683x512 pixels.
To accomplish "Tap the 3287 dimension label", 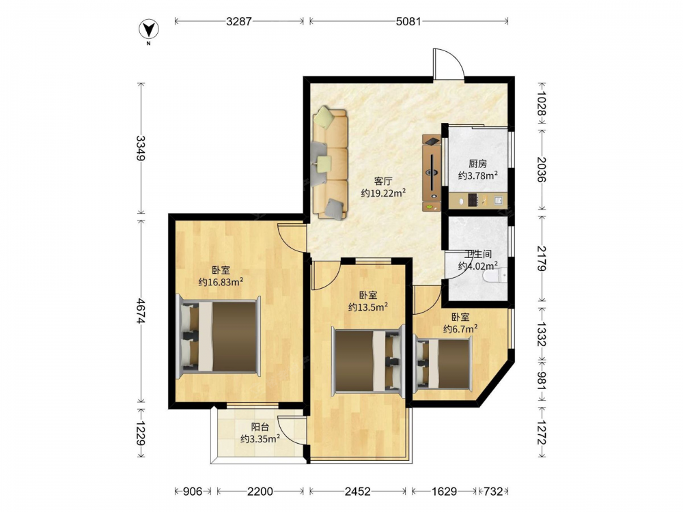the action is click(x=238, y=21).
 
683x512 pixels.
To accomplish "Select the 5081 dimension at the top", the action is click(x=408, y=21).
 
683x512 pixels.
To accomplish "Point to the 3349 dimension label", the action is click(x=140, y=148).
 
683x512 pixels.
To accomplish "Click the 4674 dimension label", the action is click(x=140, y=311).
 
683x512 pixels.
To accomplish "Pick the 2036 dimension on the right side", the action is click(x=542, y=169).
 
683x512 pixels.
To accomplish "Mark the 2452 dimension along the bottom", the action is click(x=358, y=492).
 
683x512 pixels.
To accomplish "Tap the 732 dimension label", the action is click(x=493, y=492).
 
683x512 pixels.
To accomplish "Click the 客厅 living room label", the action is click(x=383, y=181).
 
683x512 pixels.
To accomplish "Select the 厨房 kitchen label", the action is click(x=478, y=164).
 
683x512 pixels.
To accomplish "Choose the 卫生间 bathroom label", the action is click(x=478, y=254).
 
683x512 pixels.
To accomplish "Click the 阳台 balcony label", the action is click(x=260, y=427).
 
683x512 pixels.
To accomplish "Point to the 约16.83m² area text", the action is click(x=221, y=282).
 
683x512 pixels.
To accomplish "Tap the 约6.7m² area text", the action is click(x=460, y=329).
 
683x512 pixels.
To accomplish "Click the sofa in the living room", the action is click(x=330, y=163).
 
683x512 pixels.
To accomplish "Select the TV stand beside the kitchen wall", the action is click(x=431, y=173).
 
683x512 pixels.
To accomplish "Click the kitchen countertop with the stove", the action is click(x=478, y=200).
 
